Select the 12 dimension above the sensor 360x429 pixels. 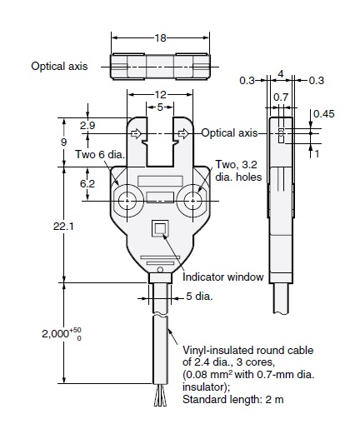coord(159,94)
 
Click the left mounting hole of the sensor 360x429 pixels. coord(128,202)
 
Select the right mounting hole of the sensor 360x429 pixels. coord(194,202)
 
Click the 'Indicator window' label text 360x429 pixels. coord(223,277)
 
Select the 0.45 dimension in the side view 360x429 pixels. coord(327,113)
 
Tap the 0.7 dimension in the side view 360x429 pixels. coord(281,97)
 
